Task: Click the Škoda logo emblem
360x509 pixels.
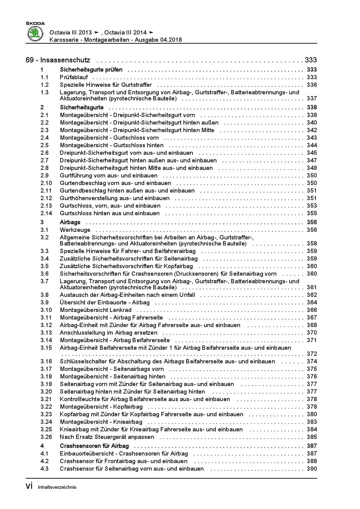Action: (36, 33)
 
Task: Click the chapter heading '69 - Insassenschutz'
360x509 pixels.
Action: (58, 60)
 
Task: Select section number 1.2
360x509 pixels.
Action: (44, 85)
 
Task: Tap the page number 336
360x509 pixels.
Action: (312, 85)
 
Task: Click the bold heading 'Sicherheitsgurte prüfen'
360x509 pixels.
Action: (91, 70)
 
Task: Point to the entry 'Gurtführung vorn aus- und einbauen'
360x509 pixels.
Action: (109, 176)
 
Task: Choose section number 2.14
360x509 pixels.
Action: (46, 213)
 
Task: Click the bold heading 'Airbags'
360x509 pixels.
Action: (70, 222)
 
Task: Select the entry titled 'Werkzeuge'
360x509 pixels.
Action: (75, 230)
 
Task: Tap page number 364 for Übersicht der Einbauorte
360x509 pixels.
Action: (312, 303)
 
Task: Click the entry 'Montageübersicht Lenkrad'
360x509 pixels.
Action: (96, 310)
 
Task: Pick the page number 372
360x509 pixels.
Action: (312, 354)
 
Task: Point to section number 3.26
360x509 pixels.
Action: (46, 437)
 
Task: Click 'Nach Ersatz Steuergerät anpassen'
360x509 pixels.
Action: (107, 437)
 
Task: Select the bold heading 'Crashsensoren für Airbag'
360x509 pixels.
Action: (94, 446)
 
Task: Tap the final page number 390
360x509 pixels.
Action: (312, 469)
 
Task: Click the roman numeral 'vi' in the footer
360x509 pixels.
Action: (29, 486)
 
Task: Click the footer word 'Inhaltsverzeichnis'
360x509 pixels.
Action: (57, 487)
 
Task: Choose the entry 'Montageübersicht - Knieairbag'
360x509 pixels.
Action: (101, 422)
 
